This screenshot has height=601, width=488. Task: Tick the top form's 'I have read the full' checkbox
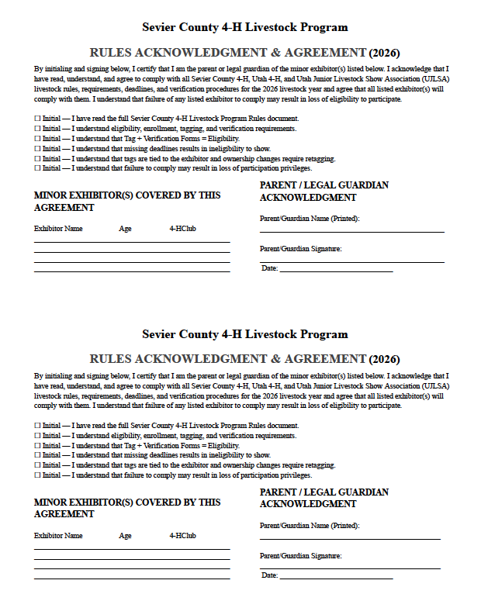pos(37,119)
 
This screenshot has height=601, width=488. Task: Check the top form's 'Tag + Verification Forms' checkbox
pos(37,138)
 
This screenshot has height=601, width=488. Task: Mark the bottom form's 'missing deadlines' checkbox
pos(37,455)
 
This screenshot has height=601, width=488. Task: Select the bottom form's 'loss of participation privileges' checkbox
pos(37,475)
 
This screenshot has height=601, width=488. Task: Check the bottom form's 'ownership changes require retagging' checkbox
pos(37,465)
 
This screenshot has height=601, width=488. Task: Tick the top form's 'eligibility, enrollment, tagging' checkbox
pos(37,129)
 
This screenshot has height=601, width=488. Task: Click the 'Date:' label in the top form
pos(269,268)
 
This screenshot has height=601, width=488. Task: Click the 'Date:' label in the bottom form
pos(269,575)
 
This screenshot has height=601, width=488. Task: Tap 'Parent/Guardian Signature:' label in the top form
pos(300,249)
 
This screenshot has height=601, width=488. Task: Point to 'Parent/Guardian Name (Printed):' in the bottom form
pos(310,526)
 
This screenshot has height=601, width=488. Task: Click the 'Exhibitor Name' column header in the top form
pos(58,229)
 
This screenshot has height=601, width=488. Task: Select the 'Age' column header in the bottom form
pos(125,536)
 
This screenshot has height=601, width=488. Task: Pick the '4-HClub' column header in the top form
pos(182,229)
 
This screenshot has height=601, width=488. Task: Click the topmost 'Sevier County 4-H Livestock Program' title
pos(244,27)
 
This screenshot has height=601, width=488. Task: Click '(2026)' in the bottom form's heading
pos(385,360)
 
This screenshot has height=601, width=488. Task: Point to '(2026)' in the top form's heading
pos(385,54)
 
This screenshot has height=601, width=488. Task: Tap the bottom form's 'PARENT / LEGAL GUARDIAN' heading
pos(324,492)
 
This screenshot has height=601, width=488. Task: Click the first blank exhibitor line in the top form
pos(132,242)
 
